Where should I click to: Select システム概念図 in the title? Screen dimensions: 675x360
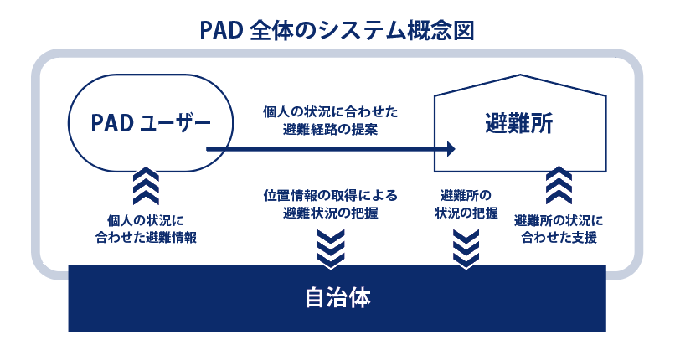(x=395, y=31)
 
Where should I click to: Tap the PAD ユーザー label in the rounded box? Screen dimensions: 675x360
(x=151, y=123)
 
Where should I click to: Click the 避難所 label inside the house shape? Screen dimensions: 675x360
(x=519, y=123)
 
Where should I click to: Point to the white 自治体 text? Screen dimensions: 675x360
(x=337, y=298)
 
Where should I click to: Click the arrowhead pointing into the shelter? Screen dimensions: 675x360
(x=451, y=149)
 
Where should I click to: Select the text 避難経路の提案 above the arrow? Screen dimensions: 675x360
(x=331, y=129)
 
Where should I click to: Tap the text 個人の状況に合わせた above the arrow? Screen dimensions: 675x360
(x=331, y=112)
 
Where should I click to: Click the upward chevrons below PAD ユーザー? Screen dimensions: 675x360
(x=146, y=186)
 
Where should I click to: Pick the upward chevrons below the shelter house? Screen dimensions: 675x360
(x=559, y=185)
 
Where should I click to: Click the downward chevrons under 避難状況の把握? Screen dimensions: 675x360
(x=331, y=249)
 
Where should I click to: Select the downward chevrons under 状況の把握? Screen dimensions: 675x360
(x=466, y=249)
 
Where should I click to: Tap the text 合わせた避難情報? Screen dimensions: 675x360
(x=146, y=238)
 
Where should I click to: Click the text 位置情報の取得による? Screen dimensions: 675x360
(x=331, y=196)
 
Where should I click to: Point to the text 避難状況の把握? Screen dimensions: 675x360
(x=331, y=213)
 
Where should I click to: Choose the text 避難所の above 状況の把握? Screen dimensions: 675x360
(x=466, y=196)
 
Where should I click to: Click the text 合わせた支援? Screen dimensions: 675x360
(x=559, y=238)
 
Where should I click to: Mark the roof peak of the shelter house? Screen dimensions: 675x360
(x=520, y=75)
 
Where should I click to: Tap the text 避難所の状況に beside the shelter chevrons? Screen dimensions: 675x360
(x=559, y=221)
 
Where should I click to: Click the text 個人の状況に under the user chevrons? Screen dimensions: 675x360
(x=146, y=221)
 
